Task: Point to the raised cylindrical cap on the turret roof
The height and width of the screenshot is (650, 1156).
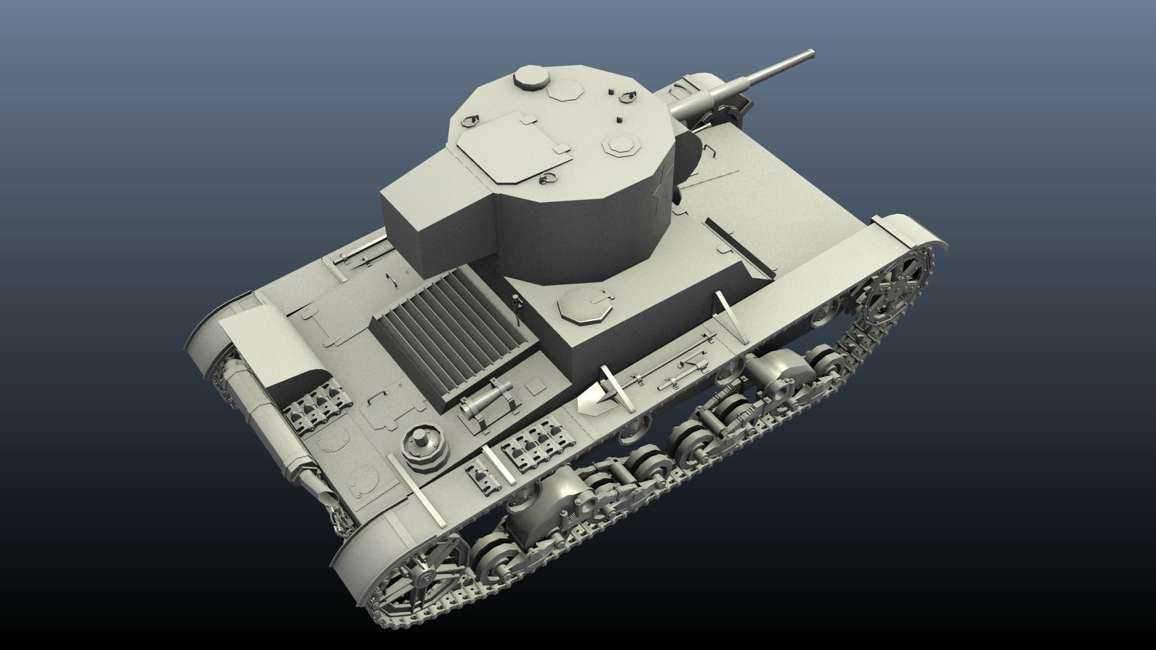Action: [531, 79]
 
